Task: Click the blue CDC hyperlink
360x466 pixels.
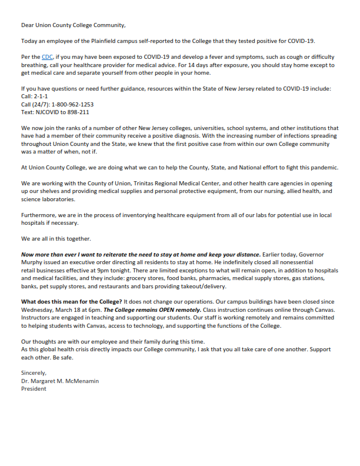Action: (x=46, y=57)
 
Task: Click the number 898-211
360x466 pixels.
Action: (x=79, y=112)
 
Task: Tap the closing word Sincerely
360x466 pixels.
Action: (x=34, y=373)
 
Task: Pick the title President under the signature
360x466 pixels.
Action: (x=34, y=388)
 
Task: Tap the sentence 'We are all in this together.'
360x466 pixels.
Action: (x=56, y=239)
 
